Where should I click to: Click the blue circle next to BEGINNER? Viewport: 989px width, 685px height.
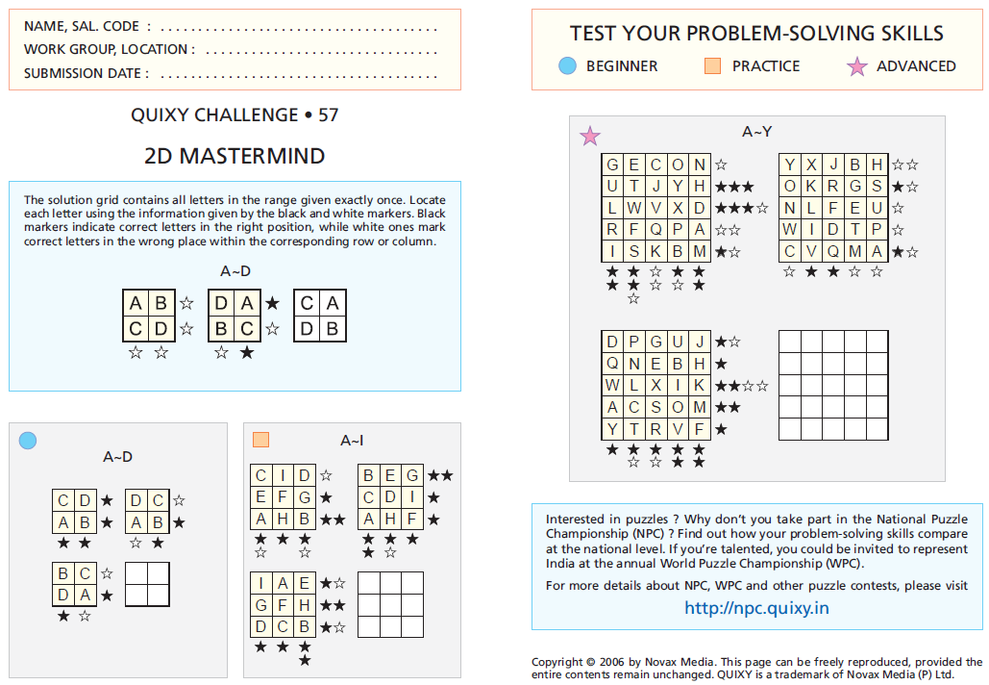(x=567, y=65)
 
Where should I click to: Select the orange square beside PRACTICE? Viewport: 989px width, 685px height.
(x=712, y=65)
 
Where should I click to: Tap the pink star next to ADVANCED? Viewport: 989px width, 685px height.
(x=856, y=66)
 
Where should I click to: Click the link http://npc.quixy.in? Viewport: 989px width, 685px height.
(x=756, y=607)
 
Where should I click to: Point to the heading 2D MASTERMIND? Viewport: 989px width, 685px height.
(x=235, y=156)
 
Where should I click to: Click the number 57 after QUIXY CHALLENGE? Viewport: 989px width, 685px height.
(x=328, y=115)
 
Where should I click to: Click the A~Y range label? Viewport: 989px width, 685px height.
(x=756, y=131)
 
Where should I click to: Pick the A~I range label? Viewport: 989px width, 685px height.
(x=353, y=440)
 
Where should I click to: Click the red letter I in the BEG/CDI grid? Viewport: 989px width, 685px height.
(x=412, y=497)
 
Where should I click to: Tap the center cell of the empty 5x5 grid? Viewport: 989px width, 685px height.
(x=833, y=385)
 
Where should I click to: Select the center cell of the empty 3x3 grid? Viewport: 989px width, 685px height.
(x=390, y=604)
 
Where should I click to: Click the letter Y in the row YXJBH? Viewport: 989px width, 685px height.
(x=790, y=164)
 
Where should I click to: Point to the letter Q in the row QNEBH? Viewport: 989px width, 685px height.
(x=612, y=363)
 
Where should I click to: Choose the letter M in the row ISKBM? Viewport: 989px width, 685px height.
(x=699, y=252)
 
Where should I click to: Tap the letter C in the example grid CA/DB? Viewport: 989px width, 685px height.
(x=307, y=303)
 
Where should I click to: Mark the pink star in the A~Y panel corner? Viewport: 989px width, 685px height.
(x=590, y=137)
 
